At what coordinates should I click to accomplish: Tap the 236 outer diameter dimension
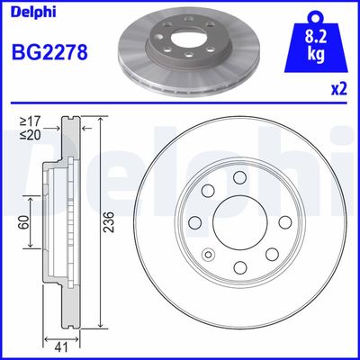(108, 229)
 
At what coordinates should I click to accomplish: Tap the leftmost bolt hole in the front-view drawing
(193, 222)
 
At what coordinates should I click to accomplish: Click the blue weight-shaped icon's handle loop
(314, 14)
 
